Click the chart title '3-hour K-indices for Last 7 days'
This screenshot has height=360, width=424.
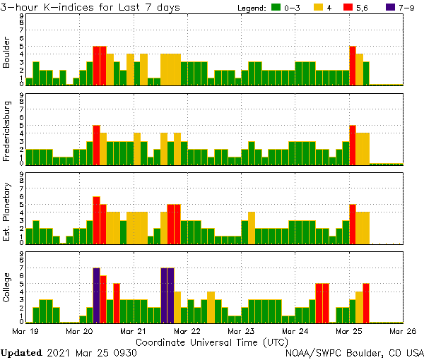point(90,7)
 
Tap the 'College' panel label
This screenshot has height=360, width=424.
point(8,288)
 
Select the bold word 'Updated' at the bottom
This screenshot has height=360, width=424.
point(22,352)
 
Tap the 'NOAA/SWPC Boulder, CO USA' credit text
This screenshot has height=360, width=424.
point(354,352)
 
